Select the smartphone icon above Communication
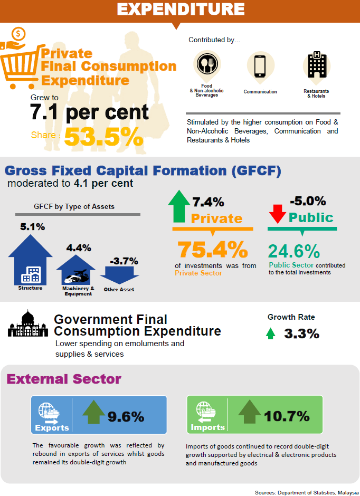pos(260,66)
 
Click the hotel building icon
pos(317,65)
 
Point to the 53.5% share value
pos(103,137)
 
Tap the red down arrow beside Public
pos(277,213)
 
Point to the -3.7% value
pos(124,261)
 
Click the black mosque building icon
pos(27,324)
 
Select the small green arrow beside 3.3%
pos(270,333)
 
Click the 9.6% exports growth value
pos(126,416)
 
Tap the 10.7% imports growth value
pos(287,416)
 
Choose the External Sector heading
pos(64,379)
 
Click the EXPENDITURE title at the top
pos(180,9)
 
